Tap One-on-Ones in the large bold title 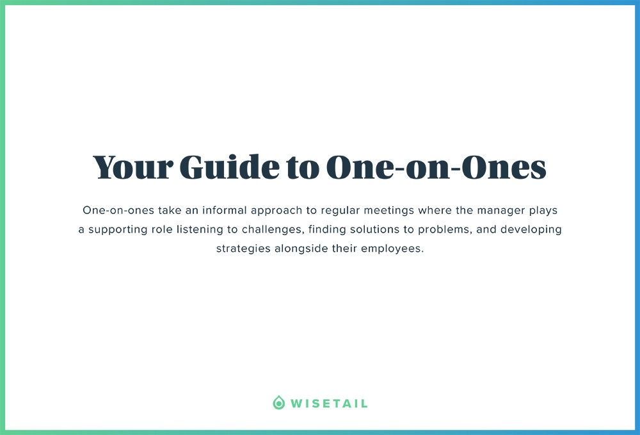[436, 167]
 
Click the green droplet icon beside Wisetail [278, 403]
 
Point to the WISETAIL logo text [329, 404]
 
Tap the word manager [500, 211]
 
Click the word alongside [301, 249]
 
